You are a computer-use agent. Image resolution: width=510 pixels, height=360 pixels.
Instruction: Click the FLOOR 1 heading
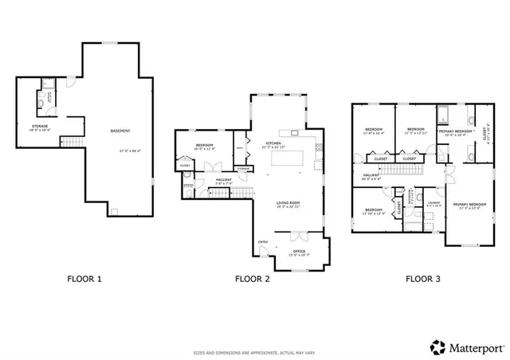(x=85, y=279)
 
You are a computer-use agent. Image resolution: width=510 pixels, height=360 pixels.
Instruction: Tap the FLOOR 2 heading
(x=253, y=279)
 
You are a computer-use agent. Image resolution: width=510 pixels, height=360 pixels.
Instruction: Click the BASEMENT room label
(x=120, y=131)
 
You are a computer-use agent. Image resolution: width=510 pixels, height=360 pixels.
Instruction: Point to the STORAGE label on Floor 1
(x=39, y=126)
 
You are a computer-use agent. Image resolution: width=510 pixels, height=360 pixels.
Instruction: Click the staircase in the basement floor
(x=73, y=141)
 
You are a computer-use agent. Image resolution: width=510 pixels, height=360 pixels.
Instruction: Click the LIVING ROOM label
(x=288, y=203)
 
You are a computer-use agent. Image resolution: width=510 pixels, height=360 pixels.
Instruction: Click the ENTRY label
(x=263, y=242)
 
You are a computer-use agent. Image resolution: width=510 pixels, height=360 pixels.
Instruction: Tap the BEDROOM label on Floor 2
(x=205, y=145)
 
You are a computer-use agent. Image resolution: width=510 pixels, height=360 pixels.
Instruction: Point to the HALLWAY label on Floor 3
(x=371, y=175)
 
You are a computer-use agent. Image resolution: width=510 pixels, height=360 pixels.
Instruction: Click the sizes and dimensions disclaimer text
(x=254, y=352)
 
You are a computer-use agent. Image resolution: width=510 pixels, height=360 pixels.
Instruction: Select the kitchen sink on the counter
(x=292, y=131)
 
